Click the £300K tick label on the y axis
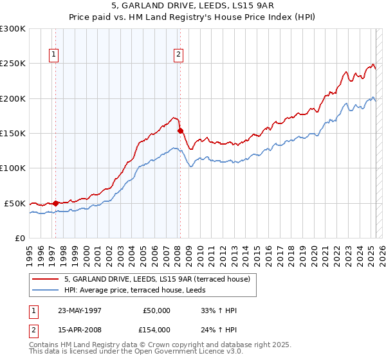point(13,29)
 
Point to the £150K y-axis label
point(13,133)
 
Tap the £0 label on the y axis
point(20,238)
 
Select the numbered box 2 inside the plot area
point(178,55)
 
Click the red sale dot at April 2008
point(181,130)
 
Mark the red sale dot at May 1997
point(56,203)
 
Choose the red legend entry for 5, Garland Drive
point(161,279)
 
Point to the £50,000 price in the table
point(157,310)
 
